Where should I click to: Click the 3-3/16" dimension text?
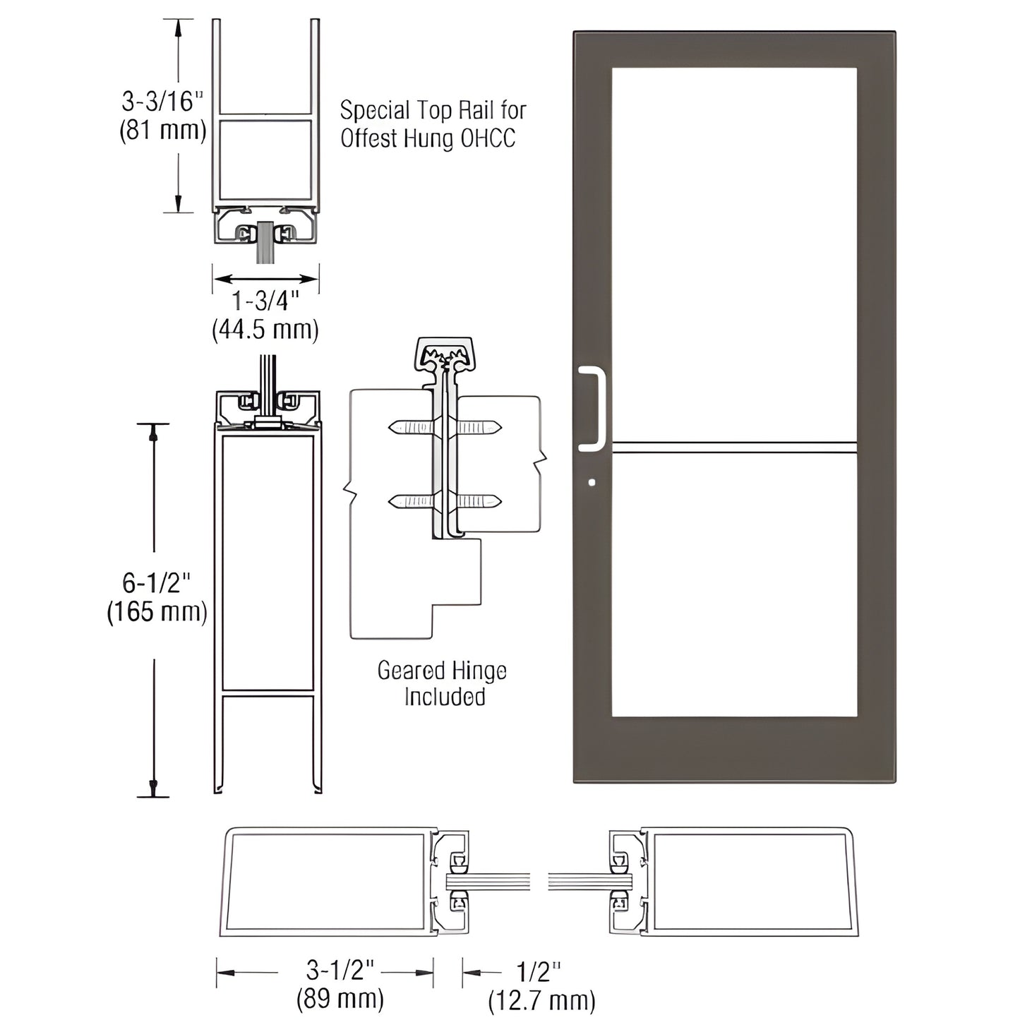tap(162, 102)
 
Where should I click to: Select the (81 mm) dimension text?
tap(162, 131)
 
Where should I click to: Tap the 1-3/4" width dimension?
tap(265, 301)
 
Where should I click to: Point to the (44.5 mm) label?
tap(265, 330)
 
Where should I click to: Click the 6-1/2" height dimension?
tap(156, 583)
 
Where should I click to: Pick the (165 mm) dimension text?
tap(157, 611)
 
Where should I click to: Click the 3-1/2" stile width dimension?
tap(335, 971)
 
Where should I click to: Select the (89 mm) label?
tap(340, 999)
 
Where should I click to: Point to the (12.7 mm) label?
tap(541, 1000)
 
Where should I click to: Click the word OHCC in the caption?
tap(488, 138)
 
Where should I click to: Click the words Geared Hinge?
tap(442, 671)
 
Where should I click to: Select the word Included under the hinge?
tap(445, 697)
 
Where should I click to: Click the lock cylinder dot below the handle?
tap(592, 483)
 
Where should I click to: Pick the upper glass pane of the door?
tap(734, 254)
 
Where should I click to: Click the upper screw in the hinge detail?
tap(445, 427)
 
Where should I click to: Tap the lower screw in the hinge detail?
tap(445, 502)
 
